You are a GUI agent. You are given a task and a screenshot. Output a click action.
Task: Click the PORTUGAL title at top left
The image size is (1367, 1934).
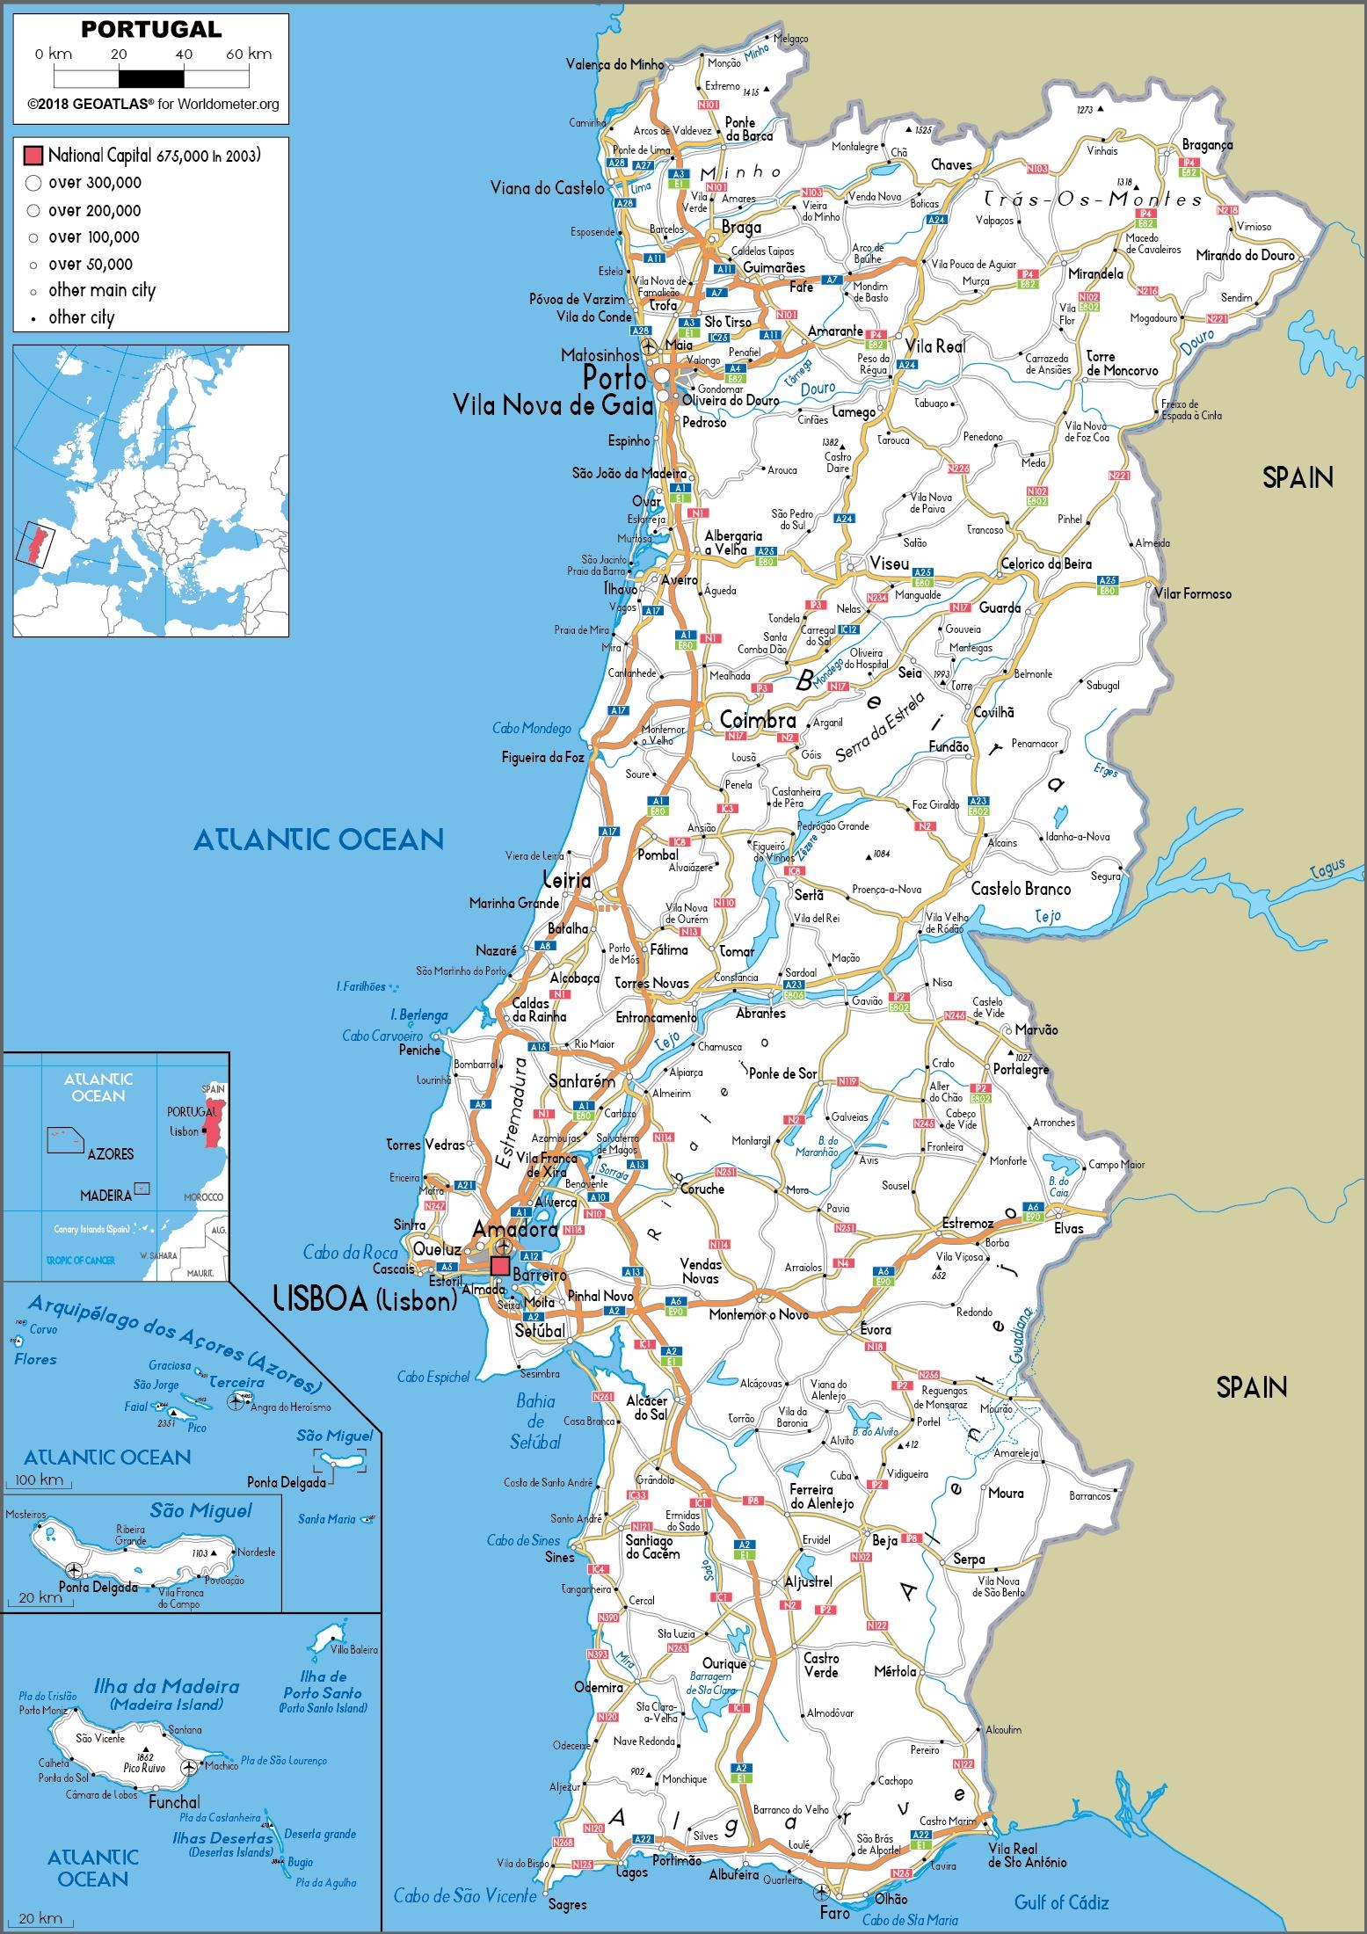tap(151, 30)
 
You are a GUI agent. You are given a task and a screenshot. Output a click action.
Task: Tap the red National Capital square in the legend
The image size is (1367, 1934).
tap(33, 156)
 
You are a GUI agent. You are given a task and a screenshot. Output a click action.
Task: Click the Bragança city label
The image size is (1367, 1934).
tap(1207, 145)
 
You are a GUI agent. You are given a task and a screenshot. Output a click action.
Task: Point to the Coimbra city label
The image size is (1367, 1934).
tap(758, 720)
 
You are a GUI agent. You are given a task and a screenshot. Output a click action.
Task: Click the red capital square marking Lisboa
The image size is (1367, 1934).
tap(499, 1265)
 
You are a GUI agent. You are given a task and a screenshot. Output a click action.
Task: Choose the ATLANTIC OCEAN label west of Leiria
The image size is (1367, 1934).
tap(318, 839)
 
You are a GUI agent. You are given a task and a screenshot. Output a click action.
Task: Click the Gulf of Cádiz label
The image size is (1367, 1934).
tap(1061, 1901)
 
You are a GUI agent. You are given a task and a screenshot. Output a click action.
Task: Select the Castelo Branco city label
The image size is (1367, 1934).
tap(1021, 889)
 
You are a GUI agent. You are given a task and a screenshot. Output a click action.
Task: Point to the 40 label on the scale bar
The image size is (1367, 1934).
tap(183, 55)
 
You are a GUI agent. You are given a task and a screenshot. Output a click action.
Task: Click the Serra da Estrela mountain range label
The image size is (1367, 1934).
tap(880, 726)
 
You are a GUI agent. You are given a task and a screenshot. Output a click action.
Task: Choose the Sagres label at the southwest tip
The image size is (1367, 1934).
tap(567, 1904)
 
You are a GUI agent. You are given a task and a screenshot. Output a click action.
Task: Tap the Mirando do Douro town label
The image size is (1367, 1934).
tap(1245, 255)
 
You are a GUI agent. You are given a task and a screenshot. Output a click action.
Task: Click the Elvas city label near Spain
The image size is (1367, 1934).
tap(1069, 1228)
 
